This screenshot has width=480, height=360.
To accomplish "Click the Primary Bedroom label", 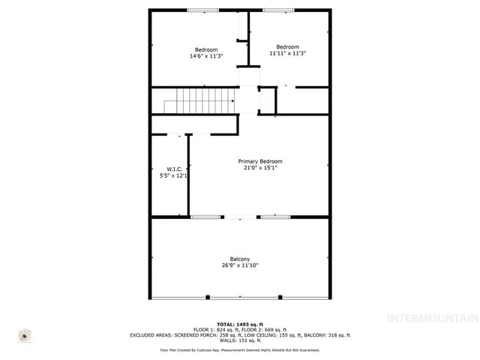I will [260, 161].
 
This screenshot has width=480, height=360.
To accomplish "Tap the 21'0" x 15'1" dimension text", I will [260, 168].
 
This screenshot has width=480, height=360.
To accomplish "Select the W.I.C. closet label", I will [173, 169].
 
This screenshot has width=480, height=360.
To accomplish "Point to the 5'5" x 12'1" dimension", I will [173, 175].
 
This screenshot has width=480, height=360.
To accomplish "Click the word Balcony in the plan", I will [240, 259].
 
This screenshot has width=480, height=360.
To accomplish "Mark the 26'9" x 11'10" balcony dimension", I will [240, 265].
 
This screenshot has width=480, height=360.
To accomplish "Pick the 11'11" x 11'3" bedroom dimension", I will [287, 53].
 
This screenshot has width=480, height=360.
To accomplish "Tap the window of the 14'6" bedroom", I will [202, 10].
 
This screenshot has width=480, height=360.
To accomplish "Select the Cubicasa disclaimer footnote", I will [240, 349].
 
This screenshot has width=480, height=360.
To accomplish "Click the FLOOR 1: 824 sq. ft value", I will [214, 329].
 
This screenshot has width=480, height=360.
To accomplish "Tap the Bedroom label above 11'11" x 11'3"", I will [287, 46].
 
